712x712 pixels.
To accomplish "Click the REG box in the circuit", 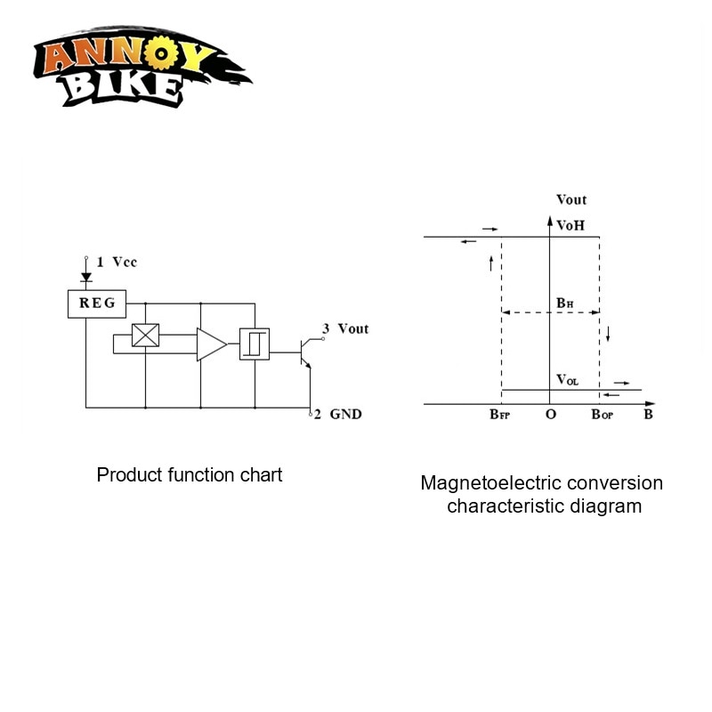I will click(x=97, y=303).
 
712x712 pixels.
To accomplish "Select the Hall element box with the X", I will click(x=144, y=336).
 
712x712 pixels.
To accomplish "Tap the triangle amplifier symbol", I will click(x=210, y=344).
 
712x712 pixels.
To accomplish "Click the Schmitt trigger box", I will click(x=255, y=344).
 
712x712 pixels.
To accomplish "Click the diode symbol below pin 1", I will click(x=86, y=277).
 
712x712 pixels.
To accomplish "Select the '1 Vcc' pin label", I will click(x=117, y=262).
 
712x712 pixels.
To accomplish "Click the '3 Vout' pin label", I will click(x=344, y=328).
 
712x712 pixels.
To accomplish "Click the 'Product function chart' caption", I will click(x=190, y=474).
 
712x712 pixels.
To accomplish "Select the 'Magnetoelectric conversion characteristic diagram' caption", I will click(x=542, y=494).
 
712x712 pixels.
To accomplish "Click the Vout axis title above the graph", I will click(x=570, y=199).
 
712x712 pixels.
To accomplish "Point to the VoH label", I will click(x=570, y=225).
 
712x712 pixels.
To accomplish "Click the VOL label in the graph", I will click(x=567, y=380).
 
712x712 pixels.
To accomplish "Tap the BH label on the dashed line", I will click(x=564, y=303).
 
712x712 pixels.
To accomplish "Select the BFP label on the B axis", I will click(x=499, y=415).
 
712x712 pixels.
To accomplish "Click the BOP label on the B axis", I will click(x=602, y=415).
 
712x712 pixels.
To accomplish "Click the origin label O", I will click(x=551, y=415).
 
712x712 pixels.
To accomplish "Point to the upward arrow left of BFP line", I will click(x=490, y=263).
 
